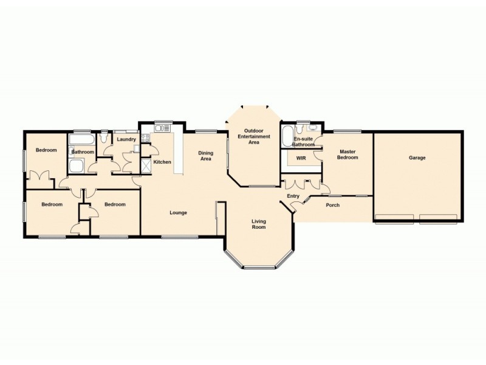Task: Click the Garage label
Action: point(417,158)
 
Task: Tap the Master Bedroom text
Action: point(348,155)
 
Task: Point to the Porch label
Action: point(333,205)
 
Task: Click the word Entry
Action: point(293,195)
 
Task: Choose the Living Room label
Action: point(259,224)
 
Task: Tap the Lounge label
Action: point(178,212)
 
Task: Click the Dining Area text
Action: point(205,156)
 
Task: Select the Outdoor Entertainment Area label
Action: point(253,136)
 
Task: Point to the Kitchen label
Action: point(162,162)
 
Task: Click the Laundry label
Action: point(126,139)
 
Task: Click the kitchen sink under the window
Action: point(162,128)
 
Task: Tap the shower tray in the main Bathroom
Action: point(77,167)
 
